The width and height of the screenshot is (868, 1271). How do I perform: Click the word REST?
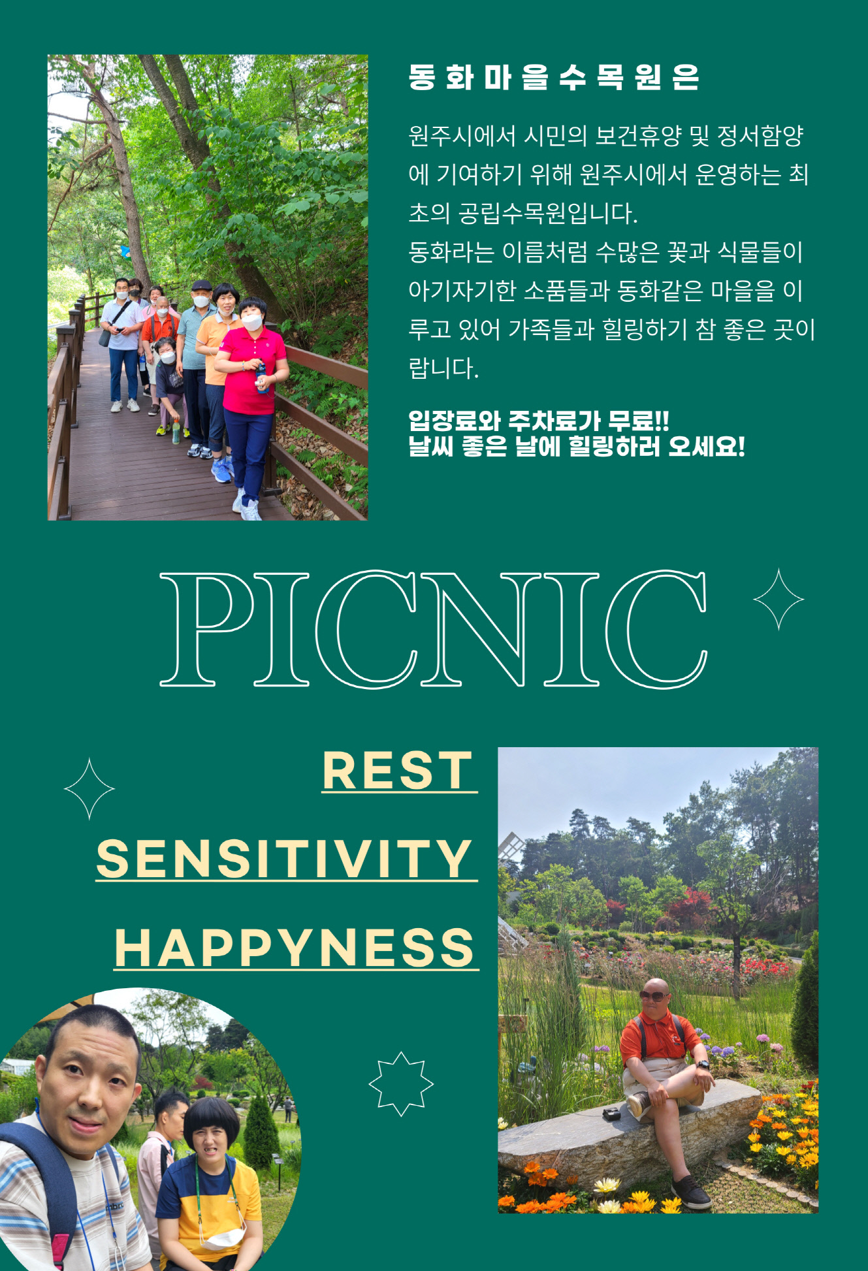pyautogui.click(x=398, y=771)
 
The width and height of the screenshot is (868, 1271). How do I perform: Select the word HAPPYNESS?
pyautogui.click(x=295, y=948)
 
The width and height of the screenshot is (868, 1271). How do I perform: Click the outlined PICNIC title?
pyautogui.click(x=433, y=628)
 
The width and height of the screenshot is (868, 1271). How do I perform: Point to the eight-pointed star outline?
pyautogui.click(x=401, y=1084)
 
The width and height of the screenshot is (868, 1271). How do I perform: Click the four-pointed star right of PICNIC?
pyautogui.click(x=779, y=599)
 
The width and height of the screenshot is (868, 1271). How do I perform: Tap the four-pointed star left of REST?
pyautogui.click(x=89, y=789)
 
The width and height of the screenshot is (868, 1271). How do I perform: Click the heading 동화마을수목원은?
pyautogui.click(x=554, y=77)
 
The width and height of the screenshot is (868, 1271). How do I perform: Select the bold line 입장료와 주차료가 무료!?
pyautogui.click(x=539, y=421)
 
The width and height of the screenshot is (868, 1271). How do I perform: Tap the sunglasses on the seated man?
pyautogui.click(x=654, y=995)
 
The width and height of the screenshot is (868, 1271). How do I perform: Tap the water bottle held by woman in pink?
pyautogui.click(x=262, y=378)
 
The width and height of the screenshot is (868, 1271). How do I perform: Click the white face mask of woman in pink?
pyautogui.click(x=252, y=322)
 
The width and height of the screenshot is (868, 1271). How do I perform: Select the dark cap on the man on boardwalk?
pyautogui.click(x=202, y=285)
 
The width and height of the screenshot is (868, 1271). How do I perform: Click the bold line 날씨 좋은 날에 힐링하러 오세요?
pyautogui.click(x=577, y=447)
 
